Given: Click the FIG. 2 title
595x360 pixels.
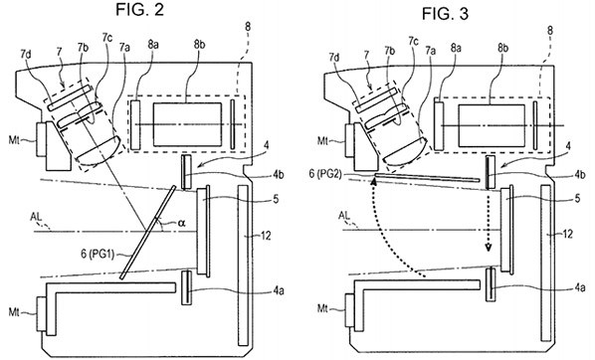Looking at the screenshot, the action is click(x=139, y=10).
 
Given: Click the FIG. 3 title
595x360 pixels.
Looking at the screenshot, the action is click(x=445, y=14).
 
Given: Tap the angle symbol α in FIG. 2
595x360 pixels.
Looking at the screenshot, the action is click(x=181, y=223).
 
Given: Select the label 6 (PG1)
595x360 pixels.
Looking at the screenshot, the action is click(x=98, y=254).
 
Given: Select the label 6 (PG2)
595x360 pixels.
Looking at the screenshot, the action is click(x=326, y=174).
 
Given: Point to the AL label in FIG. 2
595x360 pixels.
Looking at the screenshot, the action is click(x=37, y=218).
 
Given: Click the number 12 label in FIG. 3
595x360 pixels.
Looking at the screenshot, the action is click(x=567, y=235).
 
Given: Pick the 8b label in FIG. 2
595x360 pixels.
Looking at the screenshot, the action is click(x=200, y=45).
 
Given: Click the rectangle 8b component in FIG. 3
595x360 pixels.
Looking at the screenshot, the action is click(x=492, y=125).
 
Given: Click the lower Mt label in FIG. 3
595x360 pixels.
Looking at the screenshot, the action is click(x=322, y=309).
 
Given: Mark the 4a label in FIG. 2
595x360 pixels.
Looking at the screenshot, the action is click(x=279, y=291).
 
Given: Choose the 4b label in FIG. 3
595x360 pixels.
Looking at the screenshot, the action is click(x=579, y=174).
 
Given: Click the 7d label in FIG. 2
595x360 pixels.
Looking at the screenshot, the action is click(x=26, y=55).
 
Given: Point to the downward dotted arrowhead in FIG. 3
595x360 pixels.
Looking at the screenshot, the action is click(x=489, y=248).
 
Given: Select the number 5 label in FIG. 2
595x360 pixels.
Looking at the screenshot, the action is click(x=276, y=199).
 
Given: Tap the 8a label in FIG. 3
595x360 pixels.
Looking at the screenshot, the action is click(x=456, y=48).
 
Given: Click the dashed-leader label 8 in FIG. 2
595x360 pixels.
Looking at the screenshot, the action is click(x=248, y=27).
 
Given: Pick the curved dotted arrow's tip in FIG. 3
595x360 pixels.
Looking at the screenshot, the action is click(x=374, y=181).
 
